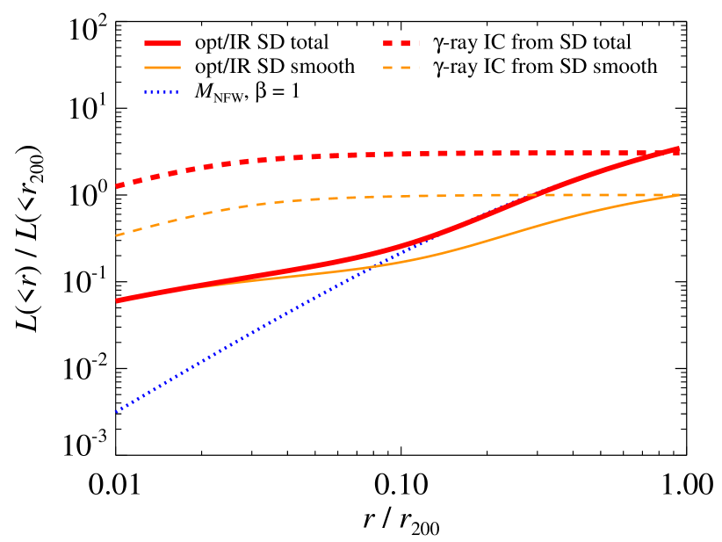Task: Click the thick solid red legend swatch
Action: [x=162, y=43]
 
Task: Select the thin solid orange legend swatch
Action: [x=162, y=68]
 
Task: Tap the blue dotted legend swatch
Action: [x=162, y=91]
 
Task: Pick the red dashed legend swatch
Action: [x=401, y=43]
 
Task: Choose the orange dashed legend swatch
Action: [x=401, y=68]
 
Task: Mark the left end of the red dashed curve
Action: [x=116, y=186]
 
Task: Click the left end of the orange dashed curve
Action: [x=116, y=235]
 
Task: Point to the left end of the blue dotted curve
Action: [x=116, y=410]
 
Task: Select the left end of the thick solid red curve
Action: [x=116, y=300]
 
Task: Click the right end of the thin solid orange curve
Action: [x=678, y=195]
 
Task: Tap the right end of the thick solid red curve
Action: [x=678, y=148]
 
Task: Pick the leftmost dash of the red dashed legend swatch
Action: [x=387, y=43]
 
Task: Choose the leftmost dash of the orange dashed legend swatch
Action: [x=387, y=68]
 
